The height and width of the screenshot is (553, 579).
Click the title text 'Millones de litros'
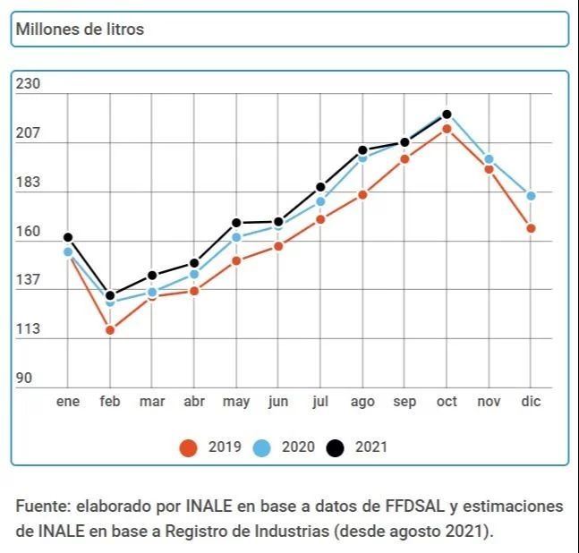click(79, 30)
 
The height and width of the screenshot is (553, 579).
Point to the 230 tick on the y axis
click(29, 84)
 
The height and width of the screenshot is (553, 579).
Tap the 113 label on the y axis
click(29, 329)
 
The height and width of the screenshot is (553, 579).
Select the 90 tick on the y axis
click(24, 378)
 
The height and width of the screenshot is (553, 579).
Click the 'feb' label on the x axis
click(109, 402)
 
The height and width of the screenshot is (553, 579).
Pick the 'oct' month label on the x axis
click(447, 402)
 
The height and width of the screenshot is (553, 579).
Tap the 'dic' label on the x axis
click(531, 402)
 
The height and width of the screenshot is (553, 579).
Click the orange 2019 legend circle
click(188, 447)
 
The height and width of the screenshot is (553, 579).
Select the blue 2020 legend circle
click(261, 447)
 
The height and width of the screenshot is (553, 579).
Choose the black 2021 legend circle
click(335, 447)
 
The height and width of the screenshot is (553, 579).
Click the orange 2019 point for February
click(110, 330)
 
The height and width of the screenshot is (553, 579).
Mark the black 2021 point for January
click(68, 237)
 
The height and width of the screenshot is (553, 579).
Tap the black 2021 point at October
click(447, 115)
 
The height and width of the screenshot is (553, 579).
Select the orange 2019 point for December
click(531, 228)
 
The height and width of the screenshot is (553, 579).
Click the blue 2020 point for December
click(531, 196)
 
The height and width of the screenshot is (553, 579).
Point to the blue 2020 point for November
click(489, 159)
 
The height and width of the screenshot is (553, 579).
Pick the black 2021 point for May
click(236, 223)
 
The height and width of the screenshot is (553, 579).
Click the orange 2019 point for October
click(447, 129)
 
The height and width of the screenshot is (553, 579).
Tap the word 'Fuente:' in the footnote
click(41, 506)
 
